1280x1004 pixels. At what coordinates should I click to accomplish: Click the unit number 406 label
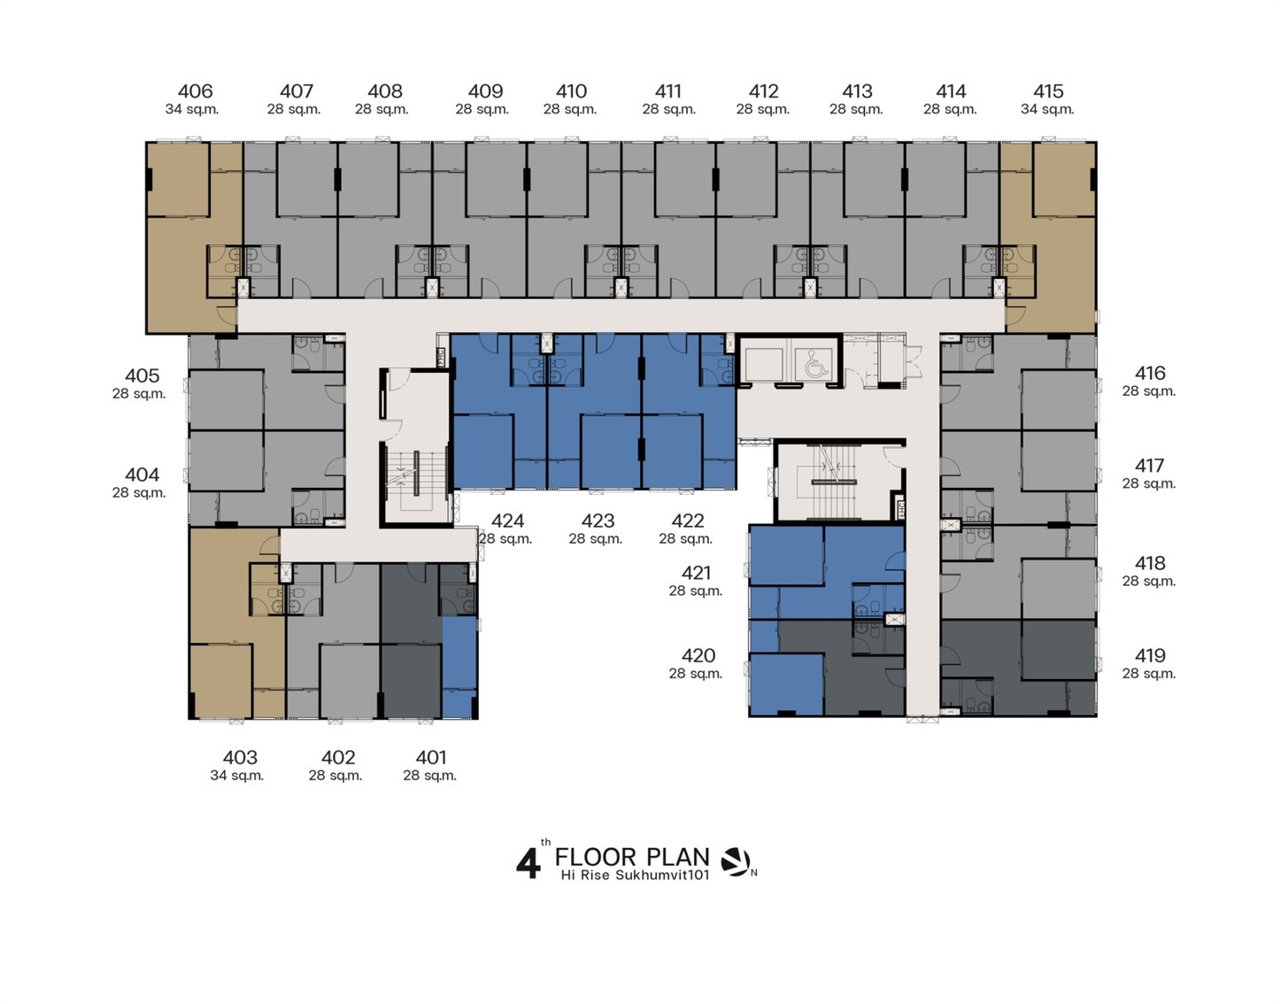[195, 91]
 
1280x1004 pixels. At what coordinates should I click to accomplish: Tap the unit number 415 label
[1048, 91]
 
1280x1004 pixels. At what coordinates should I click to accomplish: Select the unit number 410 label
[571, 91]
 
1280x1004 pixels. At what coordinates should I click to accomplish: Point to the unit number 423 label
[598, 521]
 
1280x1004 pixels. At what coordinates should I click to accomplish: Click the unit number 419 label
[1150, 655]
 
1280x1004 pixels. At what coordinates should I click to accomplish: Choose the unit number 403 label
[240, 757]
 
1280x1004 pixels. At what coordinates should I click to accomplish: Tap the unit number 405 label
[142, 375]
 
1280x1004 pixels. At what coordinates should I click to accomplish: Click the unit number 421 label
[697, 572]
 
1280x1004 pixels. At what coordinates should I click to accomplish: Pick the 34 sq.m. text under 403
[237, 776]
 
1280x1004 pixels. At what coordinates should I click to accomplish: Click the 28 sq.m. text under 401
[430, 776]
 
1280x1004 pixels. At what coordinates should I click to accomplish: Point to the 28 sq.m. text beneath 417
[1149, 483]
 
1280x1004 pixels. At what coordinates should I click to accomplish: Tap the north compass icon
[736, 862]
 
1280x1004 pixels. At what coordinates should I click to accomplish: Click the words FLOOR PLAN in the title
[632, 857]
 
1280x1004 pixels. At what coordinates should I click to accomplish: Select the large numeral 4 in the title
[528, 864]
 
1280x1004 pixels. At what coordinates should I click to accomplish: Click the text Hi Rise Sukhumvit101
[635, 875]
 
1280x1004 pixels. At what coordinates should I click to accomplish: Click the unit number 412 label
[764, 91]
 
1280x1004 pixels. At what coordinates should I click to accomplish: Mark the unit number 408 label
[385, 91]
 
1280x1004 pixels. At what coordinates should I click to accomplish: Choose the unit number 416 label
[1150, 373]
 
